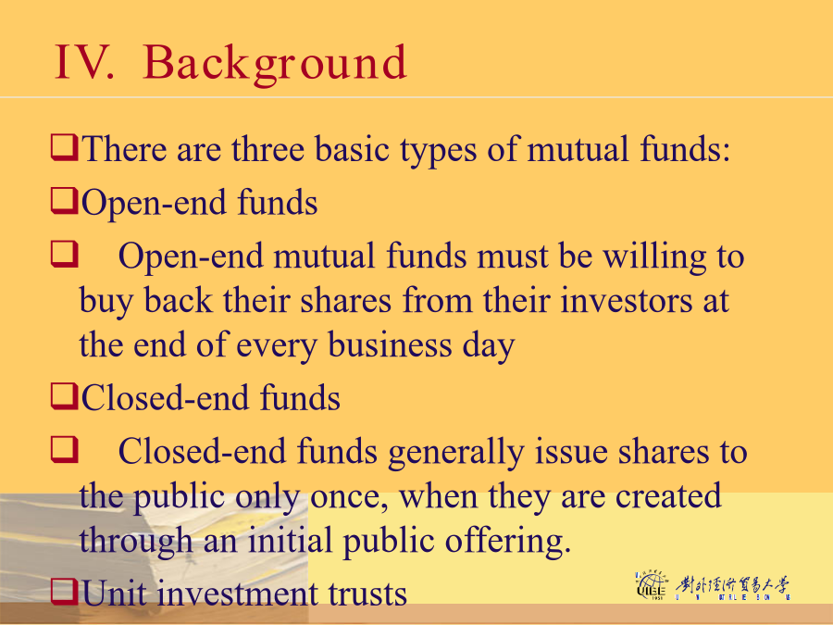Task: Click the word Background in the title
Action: coord(275,64)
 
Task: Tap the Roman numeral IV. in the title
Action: coord(84,63)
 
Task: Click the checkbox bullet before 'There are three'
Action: coord(64,148)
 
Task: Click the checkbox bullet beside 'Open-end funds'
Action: coord(64,202)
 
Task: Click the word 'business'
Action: coord(390,345)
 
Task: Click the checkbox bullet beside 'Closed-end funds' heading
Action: coord(64,396)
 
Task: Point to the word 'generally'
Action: coord(455,453)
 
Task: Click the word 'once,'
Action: coord(349,497)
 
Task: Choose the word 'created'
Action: coord(668,496)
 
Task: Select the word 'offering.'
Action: coord(508,542)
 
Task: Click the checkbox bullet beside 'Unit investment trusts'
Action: coord(64,592)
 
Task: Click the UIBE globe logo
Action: coord(651,585)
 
